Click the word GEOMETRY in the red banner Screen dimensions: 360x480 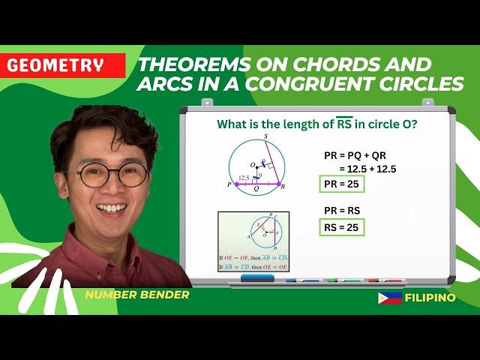click(55, 65)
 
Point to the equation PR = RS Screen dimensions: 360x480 click(342, 210)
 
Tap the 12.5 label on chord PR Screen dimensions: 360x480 click(244, 178)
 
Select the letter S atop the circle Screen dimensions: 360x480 click(265, 137)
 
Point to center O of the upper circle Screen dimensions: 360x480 click(254, 165)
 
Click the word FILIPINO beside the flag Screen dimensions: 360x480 click(430, 298)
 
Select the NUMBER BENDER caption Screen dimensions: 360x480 click(136, 295)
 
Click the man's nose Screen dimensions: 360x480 click(115, 187)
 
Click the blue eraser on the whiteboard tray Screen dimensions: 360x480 click(258, 277)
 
